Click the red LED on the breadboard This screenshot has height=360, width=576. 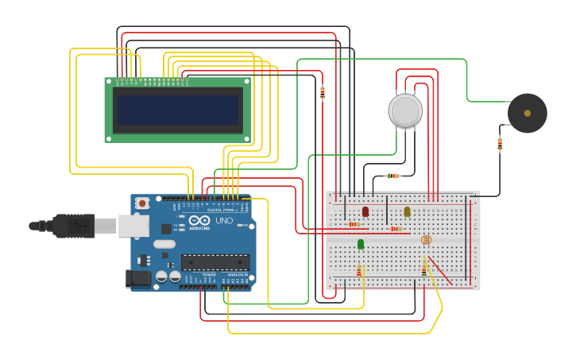pyautogui.click(x=365, y=211)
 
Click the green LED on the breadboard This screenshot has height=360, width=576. pyautogui.click(x=361, y=244)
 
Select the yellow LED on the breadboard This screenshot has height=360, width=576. pyautogui.click(x=407, y=211)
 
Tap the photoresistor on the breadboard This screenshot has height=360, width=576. pyautogui.click(x=426, y=239)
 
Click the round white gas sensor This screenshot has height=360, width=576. pyautogui.click(x=405, y=110)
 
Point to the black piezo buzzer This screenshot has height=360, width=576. pyautogui.click(x=528, y=113)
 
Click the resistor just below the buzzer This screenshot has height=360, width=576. pyautogui.click(x=500, y=144)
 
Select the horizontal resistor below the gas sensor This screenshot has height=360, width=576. pyautogui.click(x=392, y=176)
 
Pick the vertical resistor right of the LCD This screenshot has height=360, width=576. pyautogui.click(x=322, y=93)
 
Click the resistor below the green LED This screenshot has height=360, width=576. pyautogui.click(x=359, y=271)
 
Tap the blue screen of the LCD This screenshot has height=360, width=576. pyautogui.click(x=178, y=110)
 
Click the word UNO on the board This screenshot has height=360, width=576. pyautogui.click(x=224, y=221)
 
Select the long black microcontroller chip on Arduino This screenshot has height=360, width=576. pyautogui.click(x=215, y=261)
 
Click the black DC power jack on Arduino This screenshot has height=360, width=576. pyautogui.click(x=137, y=278)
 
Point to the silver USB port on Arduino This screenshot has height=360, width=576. pyautogui.click(x=133, y=226)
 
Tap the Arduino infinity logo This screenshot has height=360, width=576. pyautogui.click(x=199, y=220)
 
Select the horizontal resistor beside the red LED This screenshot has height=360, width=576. pyautogui.click(x=354, y=224)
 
